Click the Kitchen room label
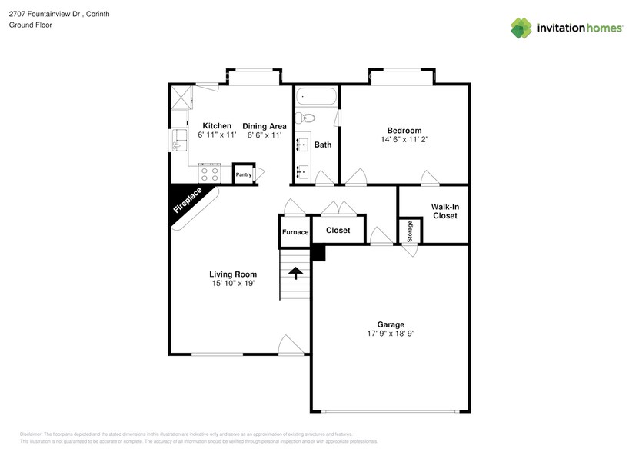point(217,126)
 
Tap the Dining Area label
point(265,126)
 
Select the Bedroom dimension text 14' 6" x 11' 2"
point(404,140)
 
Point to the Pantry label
point(243,175)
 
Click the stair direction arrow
point(295,271)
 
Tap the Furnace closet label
point(295,232)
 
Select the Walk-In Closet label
point(444,211)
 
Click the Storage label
point(410,231)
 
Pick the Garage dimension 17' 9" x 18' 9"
point(390,334)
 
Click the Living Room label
point(233,274)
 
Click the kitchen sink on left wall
point(179,140)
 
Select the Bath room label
point(322,144)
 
